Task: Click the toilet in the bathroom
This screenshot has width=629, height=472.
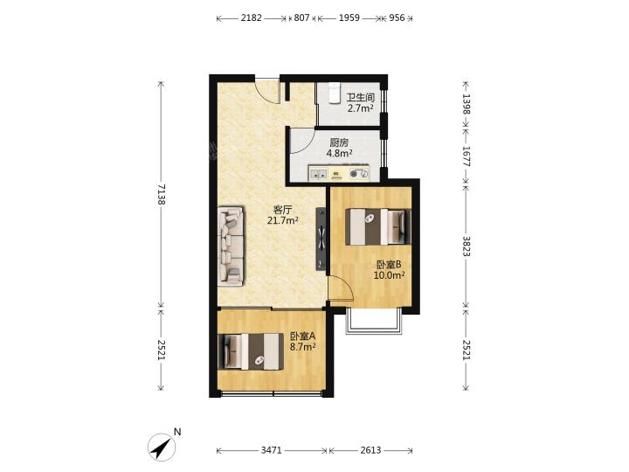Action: pos(334,94)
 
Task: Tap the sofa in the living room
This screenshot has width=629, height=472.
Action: pos(231,246)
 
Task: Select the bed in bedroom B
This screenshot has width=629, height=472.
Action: pos(378,226)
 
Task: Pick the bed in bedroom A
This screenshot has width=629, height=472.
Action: pos(251,351)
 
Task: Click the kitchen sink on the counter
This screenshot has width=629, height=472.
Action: pos(319,174)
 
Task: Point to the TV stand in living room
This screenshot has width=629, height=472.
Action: pos(321,239)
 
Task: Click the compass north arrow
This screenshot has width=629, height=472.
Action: pos(162,448)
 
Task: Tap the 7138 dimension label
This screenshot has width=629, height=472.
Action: pos(162,195)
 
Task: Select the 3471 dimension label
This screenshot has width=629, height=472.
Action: pos(272,450)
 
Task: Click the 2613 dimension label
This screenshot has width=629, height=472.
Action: pos(370,450)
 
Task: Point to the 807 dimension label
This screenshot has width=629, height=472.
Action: pos(301,17)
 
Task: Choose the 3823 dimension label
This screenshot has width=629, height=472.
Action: pos(467,246)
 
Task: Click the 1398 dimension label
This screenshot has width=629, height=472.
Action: pos(467,104)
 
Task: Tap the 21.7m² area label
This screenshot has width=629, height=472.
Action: pos(283,220)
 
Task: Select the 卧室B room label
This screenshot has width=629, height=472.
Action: pos(389,265)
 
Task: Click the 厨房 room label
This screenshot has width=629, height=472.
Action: pos(339,142)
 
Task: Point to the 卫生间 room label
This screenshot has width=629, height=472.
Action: pos(360,98)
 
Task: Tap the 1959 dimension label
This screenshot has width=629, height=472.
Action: pos(349,17)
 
